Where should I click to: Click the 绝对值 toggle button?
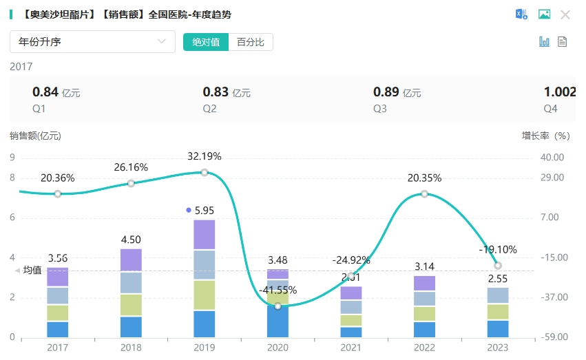(206, 42)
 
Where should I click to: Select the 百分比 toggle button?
(251, 42)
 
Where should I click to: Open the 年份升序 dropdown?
(93, 41)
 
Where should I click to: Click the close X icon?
(565, 14)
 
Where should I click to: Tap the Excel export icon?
(522, 14)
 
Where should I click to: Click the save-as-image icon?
(544, 14)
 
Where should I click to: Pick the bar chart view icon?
(544, 41)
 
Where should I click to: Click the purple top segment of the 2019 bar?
(205, 234)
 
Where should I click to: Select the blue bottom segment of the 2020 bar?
(278, 321)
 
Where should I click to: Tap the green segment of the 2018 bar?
(131, 305)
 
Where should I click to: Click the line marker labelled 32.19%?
(205, 172)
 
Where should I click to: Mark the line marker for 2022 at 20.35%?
(424, 194)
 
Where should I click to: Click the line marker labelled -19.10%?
(498, 266)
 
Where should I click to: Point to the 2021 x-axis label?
(351, 348)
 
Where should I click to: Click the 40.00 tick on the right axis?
(553, 158)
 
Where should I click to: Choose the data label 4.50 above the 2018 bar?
(131, 240)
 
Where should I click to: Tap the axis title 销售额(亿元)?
(36, 136)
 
